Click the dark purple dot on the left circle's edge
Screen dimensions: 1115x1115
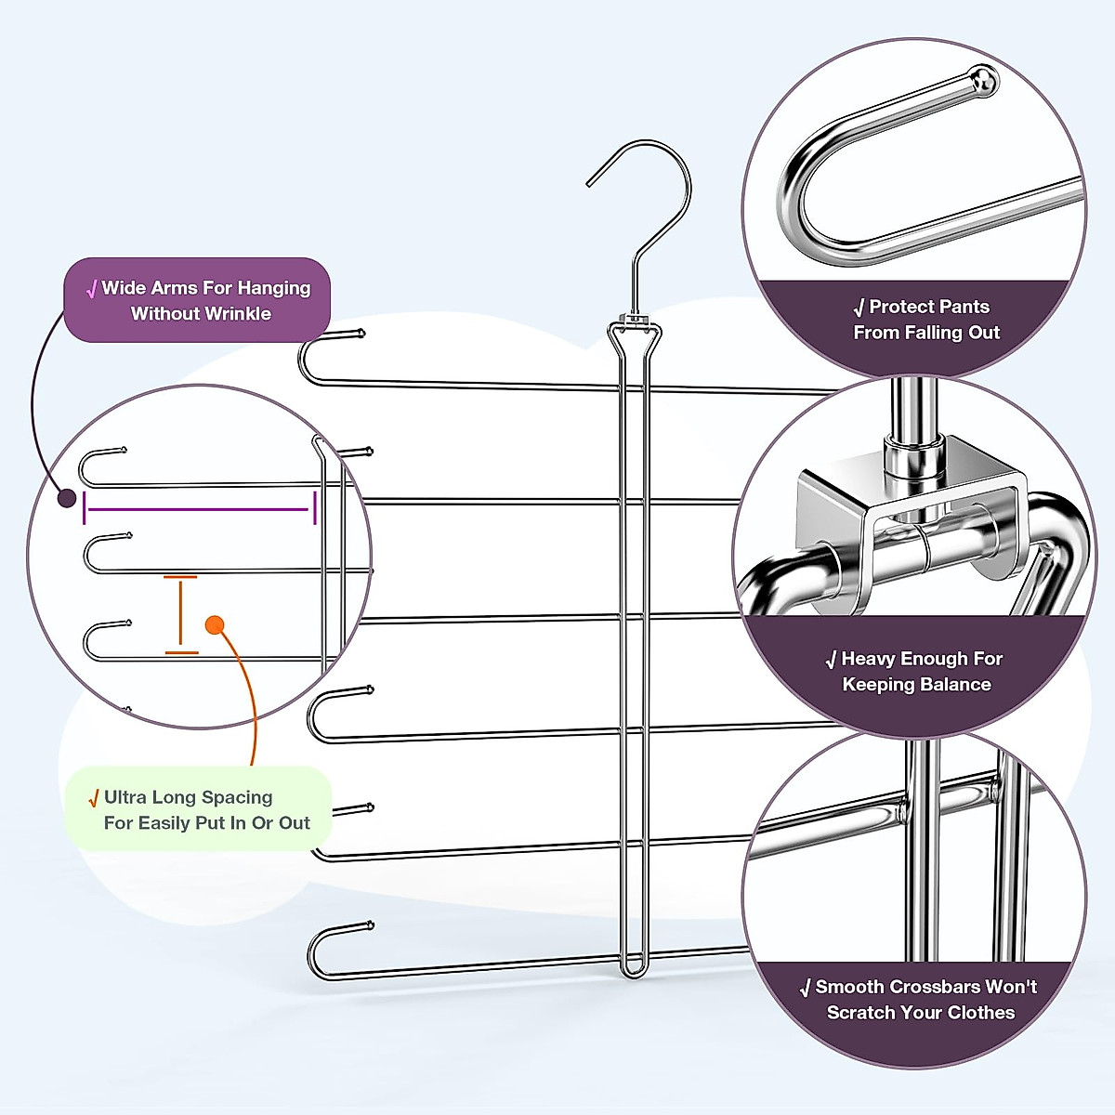tap(67, 498)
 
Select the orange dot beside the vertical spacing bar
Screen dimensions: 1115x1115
tap(215, 625)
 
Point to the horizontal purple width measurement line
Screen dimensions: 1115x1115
tap(199, 509)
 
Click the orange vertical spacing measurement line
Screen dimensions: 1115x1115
tap(180, 614)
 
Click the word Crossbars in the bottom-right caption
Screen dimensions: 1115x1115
tap(899, 987)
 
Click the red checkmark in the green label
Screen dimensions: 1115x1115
tap(93, 798)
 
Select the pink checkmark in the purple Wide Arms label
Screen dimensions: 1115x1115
tap(91, 289)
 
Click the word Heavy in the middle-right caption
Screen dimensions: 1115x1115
tap(871, 659)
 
